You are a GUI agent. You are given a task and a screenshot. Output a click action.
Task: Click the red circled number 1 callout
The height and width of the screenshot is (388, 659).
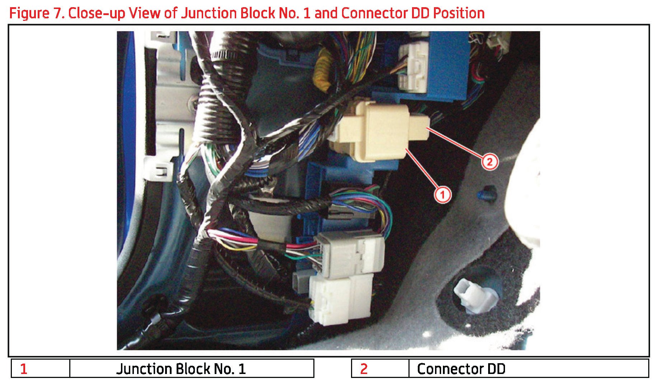(442, 195)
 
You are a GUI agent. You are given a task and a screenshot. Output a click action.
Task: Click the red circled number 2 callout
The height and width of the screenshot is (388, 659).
(490, 162)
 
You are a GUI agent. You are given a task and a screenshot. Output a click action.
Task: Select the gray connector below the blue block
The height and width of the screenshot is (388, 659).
(350, 253)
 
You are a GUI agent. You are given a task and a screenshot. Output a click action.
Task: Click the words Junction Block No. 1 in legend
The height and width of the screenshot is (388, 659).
(181, 369)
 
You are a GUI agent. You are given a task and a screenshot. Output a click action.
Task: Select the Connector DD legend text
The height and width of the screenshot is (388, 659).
(461, 369)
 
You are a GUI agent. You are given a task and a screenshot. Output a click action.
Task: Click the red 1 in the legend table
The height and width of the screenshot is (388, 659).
(24, 369)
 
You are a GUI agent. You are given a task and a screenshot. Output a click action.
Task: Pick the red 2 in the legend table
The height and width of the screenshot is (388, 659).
(364, 369)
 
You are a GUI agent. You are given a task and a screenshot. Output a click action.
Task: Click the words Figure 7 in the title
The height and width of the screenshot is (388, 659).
(36, 13)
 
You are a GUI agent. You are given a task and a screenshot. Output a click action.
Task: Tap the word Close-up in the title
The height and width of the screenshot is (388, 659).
(97, 13)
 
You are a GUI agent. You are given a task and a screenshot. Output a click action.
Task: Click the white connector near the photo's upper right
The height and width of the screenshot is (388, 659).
(413, 66)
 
